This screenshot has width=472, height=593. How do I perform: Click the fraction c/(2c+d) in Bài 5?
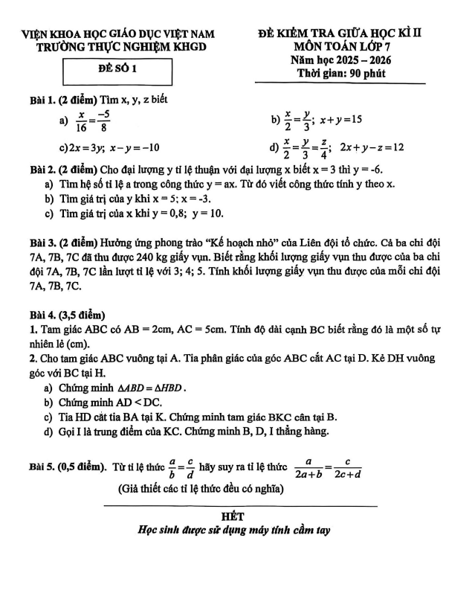[348, 469]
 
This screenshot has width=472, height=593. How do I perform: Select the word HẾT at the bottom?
[234, 516]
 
